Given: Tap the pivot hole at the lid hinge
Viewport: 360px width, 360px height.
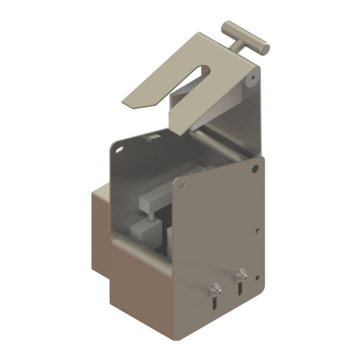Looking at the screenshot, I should coord(252,81).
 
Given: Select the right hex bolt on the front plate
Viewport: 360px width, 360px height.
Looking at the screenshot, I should coord(241,274).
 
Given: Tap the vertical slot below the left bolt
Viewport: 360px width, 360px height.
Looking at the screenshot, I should coord(214,301).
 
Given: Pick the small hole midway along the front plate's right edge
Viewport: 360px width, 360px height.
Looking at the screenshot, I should coord(257,229).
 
